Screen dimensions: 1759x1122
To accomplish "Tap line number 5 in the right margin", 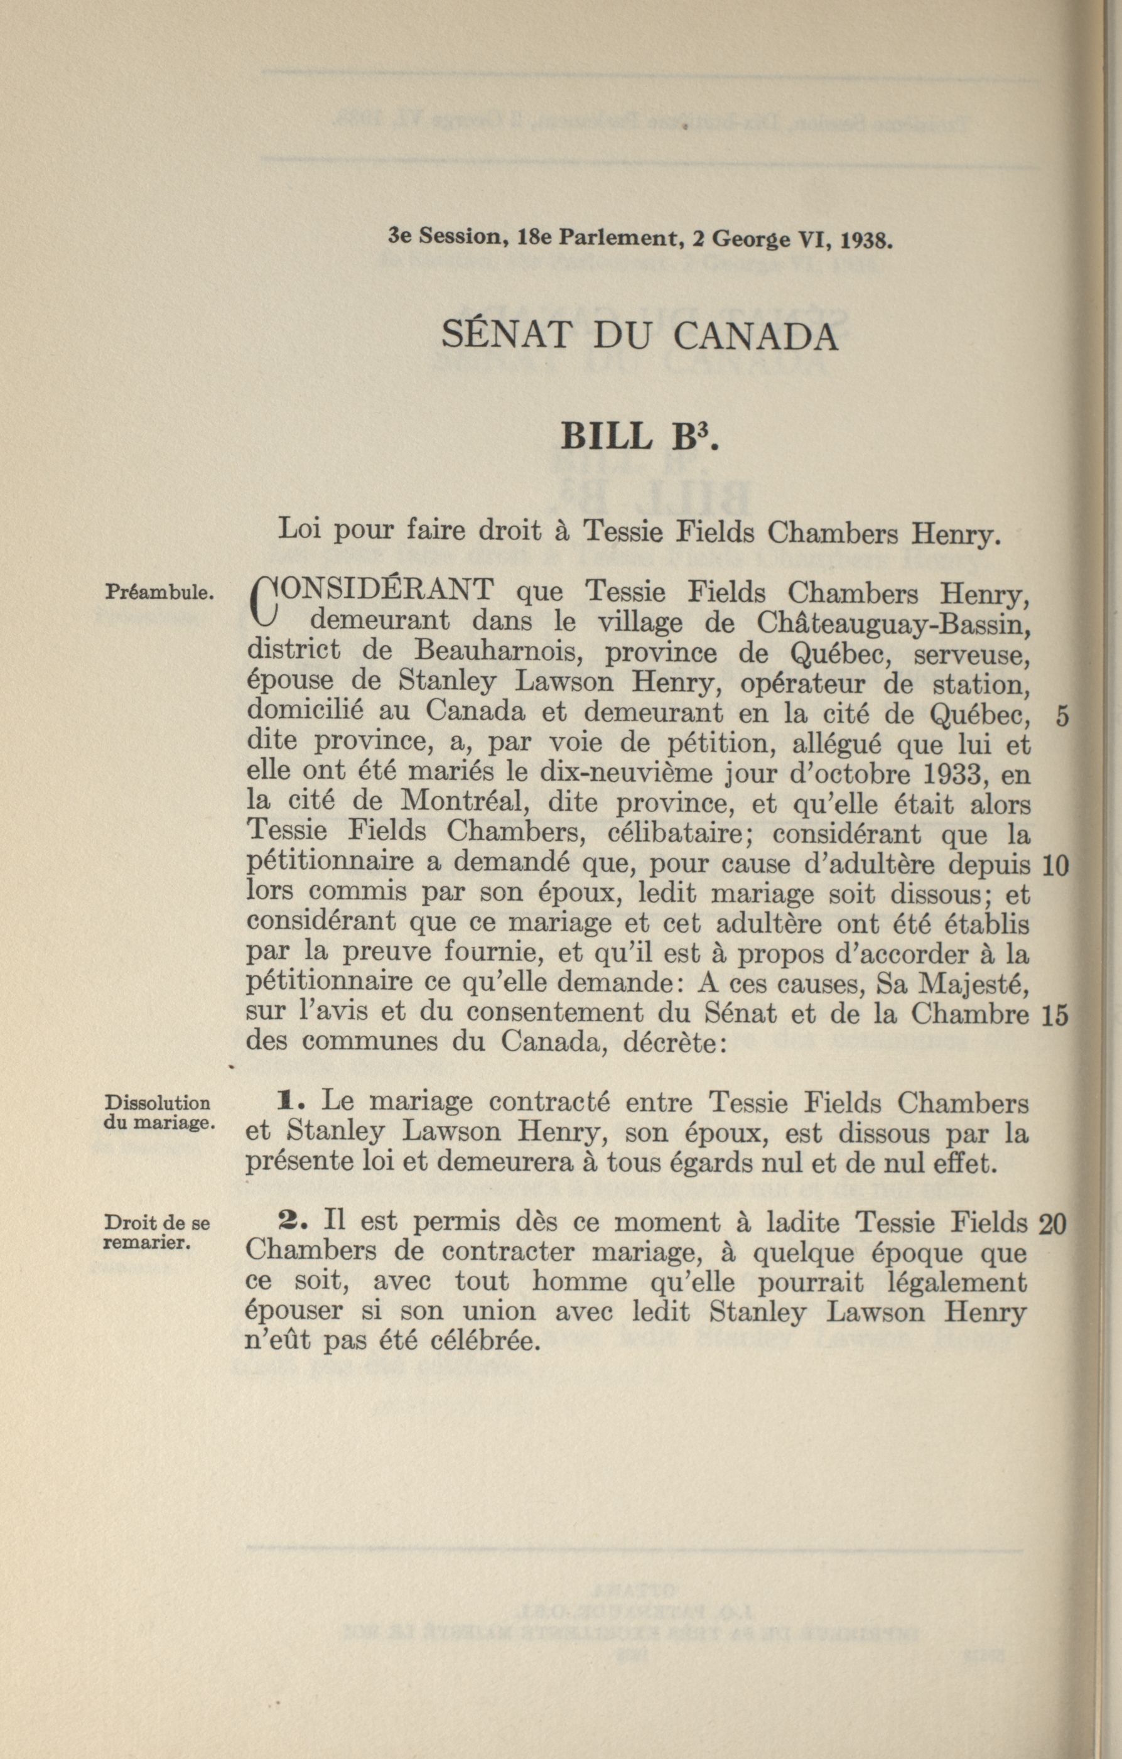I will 1063,717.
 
